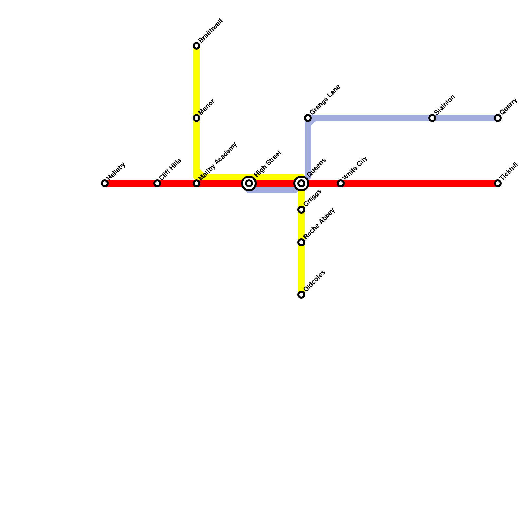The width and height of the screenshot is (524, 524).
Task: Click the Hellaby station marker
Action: [105, 183]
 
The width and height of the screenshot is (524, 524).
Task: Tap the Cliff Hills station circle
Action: [157, 183]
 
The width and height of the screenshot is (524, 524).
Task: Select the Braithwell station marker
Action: [196, 46]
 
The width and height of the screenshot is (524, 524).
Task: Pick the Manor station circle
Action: [196, 118]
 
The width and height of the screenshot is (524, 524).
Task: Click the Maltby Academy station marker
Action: [196, 183]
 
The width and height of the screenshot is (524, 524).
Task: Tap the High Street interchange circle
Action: [249, 183]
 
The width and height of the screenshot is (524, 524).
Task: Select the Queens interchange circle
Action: [301, 183]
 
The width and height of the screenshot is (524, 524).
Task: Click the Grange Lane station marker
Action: [308, 118]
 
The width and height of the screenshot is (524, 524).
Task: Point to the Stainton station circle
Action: [432, 118]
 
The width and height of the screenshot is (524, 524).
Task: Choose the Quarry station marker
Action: [498, 118]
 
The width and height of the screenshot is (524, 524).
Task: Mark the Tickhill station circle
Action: [498, 183]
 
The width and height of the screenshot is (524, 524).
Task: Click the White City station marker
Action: [341, 183]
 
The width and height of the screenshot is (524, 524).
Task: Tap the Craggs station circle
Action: [301, 210]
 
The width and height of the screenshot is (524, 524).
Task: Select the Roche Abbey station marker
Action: [301, 242]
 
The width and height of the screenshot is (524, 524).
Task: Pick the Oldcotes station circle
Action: [301, 295]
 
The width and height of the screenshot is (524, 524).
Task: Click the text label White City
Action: [355, 168]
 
